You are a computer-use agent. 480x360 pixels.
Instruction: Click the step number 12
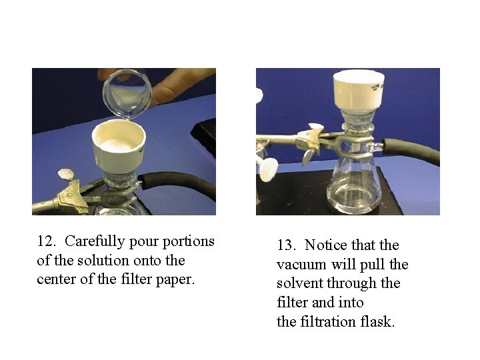46,241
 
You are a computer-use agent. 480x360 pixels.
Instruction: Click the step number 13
286,245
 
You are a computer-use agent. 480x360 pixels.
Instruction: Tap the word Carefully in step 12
95,242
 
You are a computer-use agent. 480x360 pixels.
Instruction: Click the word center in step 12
56,280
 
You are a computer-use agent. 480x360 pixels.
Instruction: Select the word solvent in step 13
300,283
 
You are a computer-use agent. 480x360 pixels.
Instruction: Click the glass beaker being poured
127,93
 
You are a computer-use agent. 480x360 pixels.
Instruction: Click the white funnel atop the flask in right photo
359,91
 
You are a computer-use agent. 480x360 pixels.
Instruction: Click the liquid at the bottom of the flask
354,196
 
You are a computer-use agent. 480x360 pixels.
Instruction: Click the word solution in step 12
103,261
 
